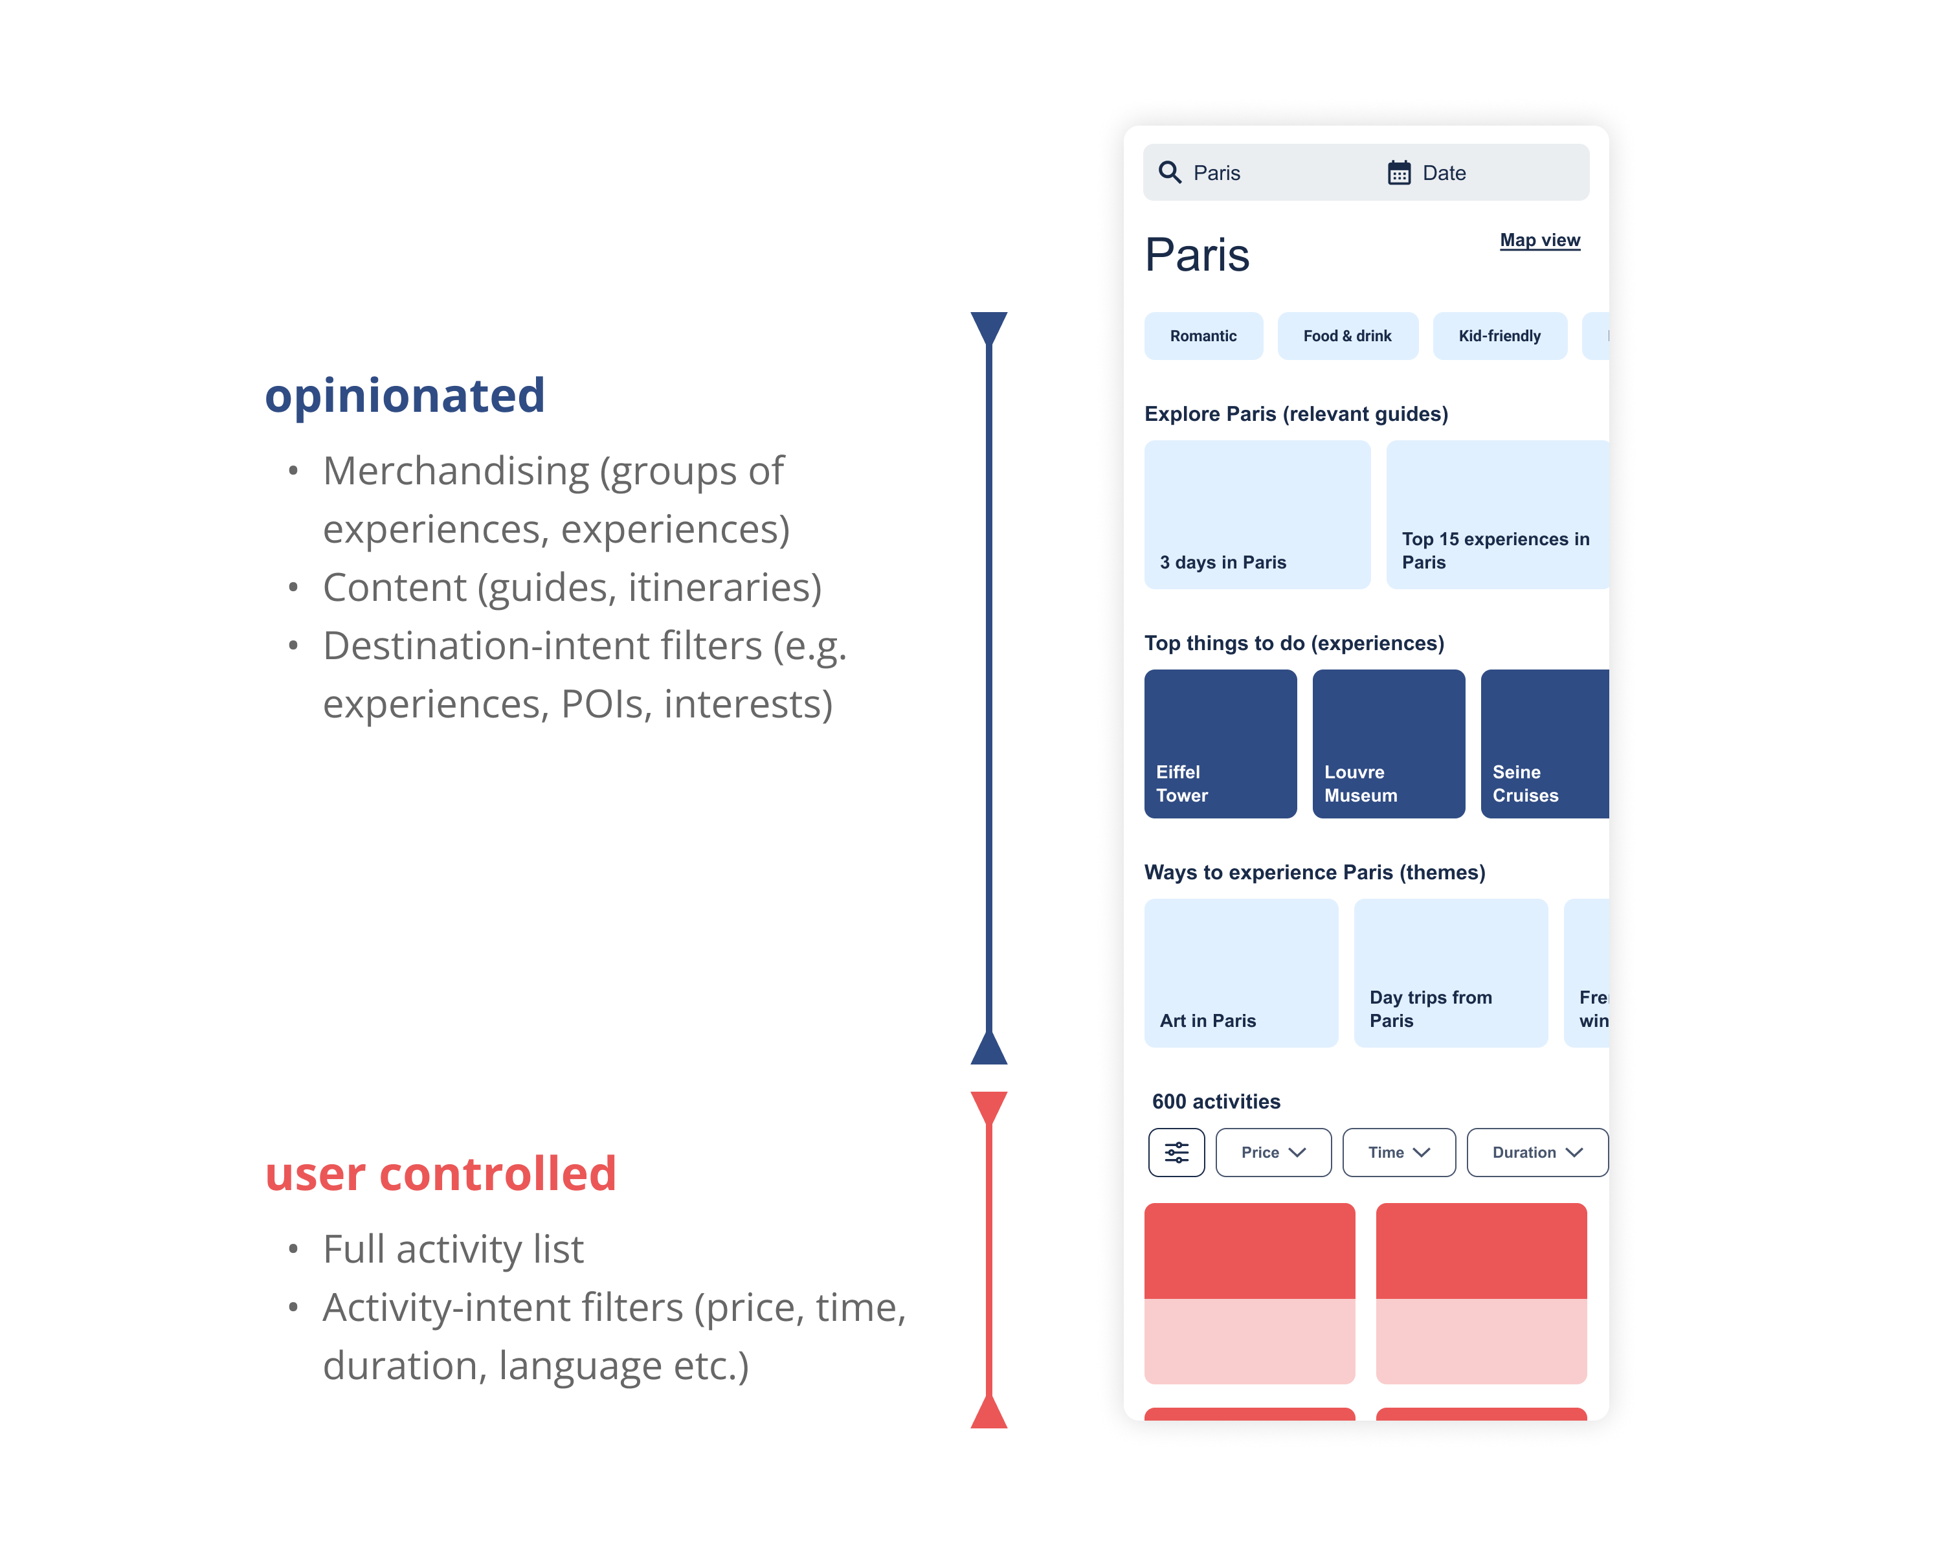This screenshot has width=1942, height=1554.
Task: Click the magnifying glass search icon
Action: [x=1169, y=172]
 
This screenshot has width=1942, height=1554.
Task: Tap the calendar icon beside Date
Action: [x=1398, y=172]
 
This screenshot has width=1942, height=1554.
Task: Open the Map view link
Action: [x=1539, y=240]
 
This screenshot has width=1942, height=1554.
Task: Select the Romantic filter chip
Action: [x=1203, y=336]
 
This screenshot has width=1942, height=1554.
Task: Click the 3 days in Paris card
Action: [x=1256, y=514]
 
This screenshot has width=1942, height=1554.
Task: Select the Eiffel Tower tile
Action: [x=1220, y=743]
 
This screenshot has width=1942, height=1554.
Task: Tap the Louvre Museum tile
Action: [x=1388, y=743]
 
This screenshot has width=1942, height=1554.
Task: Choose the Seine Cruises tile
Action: [x=1544, y=743]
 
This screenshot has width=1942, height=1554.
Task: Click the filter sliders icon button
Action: [x=1176, y=1152]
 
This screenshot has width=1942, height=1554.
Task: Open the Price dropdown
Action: [x=1273, y=1152]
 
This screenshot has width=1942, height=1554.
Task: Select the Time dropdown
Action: [x=1398, y=1152]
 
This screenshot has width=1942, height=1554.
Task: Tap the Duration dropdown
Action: [x=1537, y=1152]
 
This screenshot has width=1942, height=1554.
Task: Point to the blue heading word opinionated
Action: [x=405, y=396]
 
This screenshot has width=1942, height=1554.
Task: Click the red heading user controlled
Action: [x=440, y=1174]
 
